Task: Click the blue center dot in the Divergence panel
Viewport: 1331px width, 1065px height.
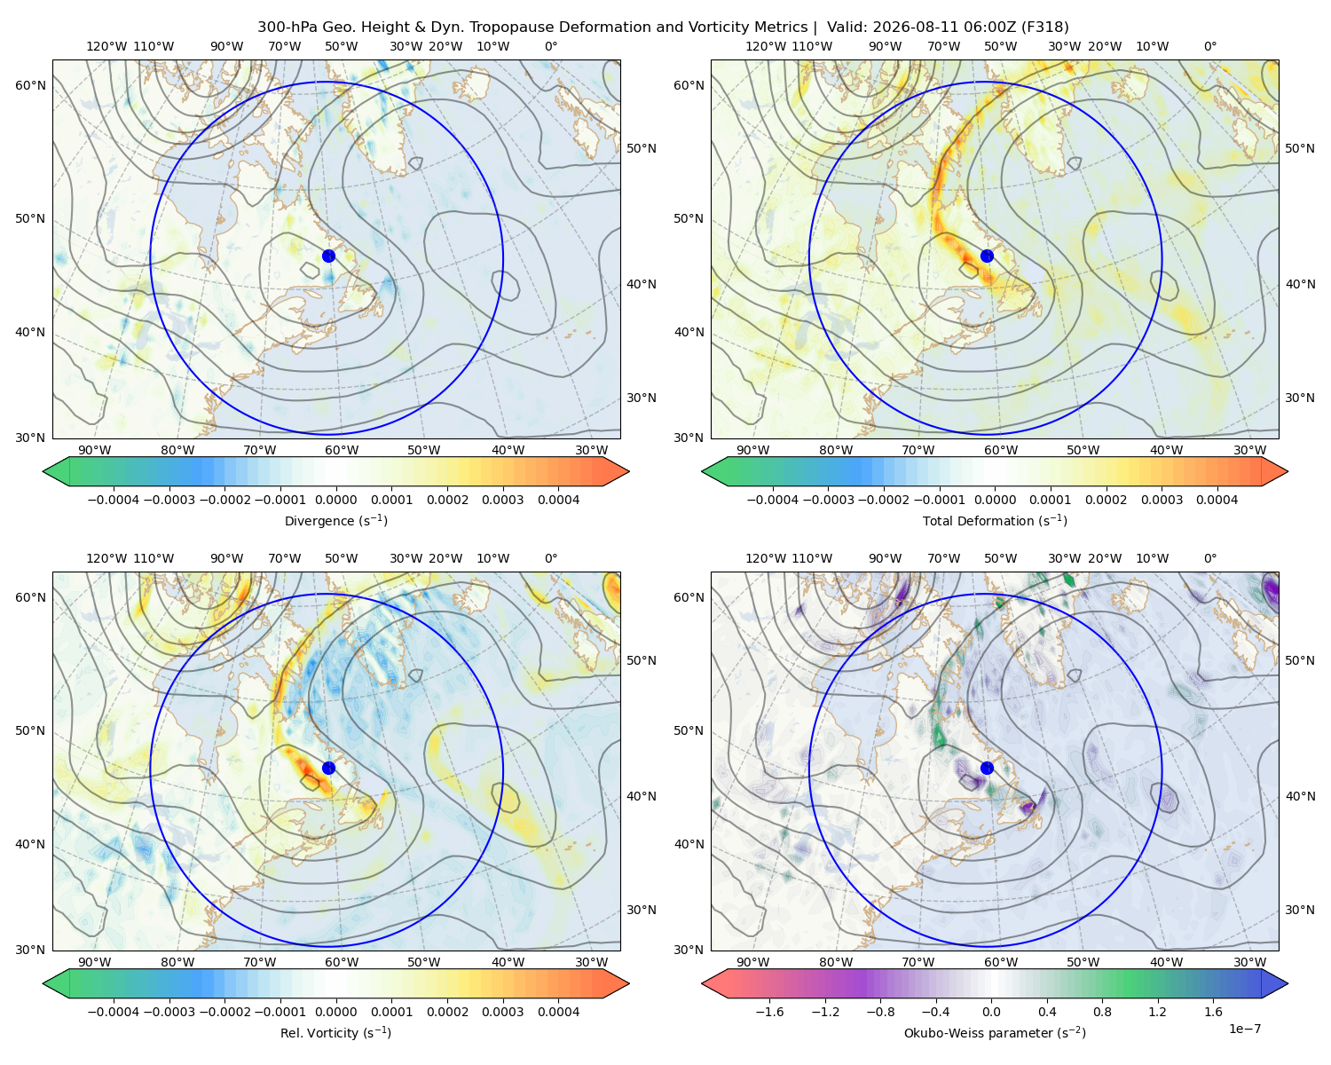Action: pos(328,256)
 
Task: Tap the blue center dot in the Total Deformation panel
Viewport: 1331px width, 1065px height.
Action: pos(987,256)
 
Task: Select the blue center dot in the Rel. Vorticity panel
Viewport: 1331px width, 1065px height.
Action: pos(328,768)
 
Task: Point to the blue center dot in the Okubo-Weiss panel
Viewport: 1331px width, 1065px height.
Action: pos(987,768)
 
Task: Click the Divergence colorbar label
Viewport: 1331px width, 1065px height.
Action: pos(335,520)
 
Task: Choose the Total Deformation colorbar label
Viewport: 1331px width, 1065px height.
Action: pos(995,520)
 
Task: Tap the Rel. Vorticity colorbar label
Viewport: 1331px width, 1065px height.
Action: pos(335,1033)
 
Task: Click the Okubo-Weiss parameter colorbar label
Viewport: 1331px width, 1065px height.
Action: pos(995,1033)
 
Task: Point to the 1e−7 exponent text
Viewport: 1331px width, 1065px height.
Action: pos(1244,1029)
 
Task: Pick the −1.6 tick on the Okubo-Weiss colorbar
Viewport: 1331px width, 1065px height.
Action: pos(770,1012)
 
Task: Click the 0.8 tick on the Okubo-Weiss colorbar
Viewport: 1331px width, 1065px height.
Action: pos(1102,1012)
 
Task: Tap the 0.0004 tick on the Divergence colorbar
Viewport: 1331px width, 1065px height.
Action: pos(558,500)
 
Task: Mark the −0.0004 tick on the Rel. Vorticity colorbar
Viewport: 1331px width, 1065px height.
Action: pos(114,1012)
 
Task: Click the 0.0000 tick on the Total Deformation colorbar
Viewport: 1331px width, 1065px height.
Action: pos(996,500)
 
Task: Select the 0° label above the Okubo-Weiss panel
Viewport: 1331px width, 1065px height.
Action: pos(1209,558)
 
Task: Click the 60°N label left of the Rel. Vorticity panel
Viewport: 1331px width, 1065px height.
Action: pos(30,597)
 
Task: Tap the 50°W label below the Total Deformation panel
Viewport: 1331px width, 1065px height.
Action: pos(1083,450)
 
